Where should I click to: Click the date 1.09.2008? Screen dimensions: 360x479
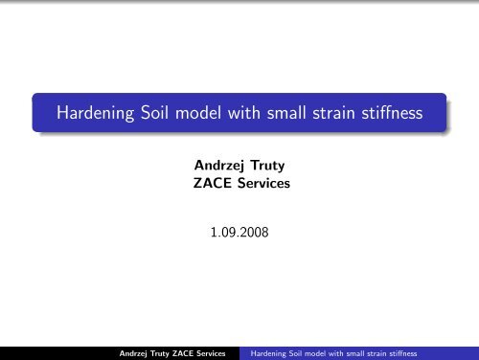pos(239,230)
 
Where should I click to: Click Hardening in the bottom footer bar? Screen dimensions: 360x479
pos(268,351)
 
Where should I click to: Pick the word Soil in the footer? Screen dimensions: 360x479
pos(299,351)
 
